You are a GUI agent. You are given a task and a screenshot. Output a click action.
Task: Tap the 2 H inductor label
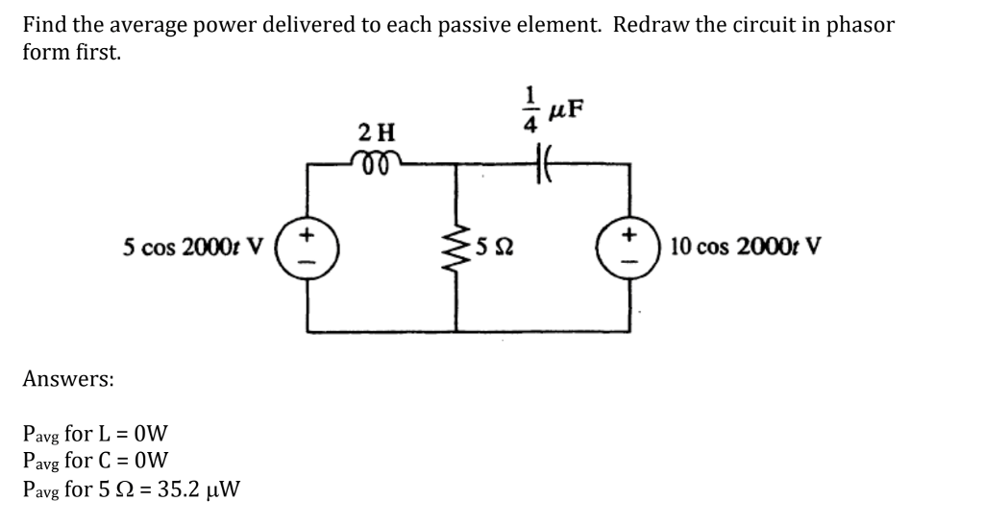376,130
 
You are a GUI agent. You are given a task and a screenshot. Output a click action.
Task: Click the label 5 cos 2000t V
197,247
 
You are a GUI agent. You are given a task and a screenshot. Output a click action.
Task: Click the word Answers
67,379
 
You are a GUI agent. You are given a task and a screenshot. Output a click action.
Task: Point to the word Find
44,26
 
